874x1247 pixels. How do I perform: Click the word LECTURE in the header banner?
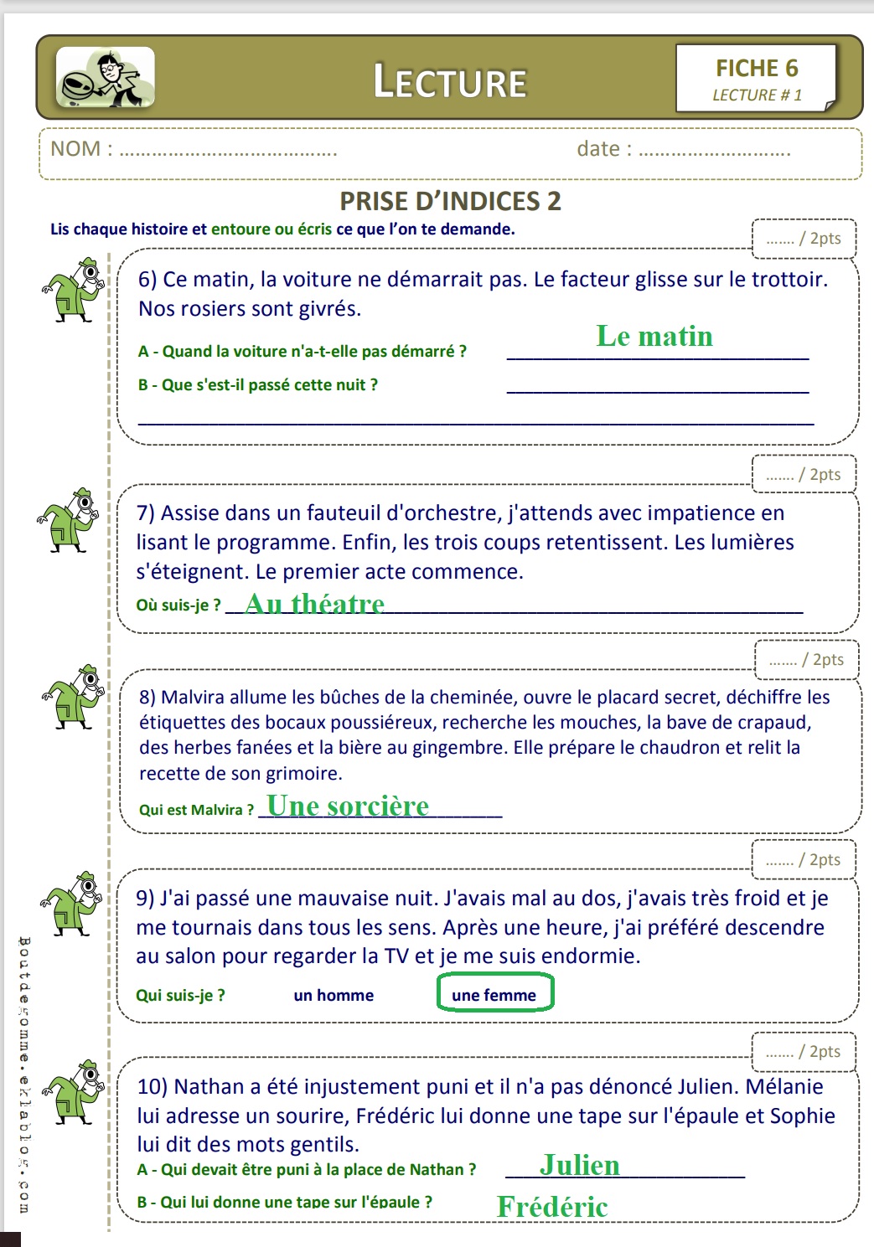pyautogui.click(x=450, y=82)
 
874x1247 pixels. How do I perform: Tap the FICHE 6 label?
pyautogui.click(x=757, y=68)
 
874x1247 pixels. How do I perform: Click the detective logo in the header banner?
pyautogui.click(x=106, y=77)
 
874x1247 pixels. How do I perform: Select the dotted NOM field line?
pyautogui.click(x=228, y=153)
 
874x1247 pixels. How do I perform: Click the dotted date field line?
pyautogui.click(x=715, y=153)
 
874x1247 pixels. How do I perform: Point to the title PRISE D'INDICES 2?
pyautogui.click(x=450, y=201)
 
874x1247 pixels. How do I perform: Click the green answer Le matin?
pyautogui.click(x=654, y=337)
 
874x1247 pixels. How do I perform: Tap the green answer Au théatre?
pyautogui.click(x=315, y=603)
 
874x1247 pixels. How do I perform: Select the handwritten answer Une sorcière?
pyautogui.click(x=348, y=806)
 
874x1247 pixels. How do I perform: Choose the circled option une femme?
pyautogui.click(x=494, y=994)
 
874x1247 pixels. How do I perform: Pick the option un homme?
pyautogui.click(x=334, y=995)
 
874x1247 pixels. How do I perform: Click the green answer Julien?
pyautogui.click(x=580, y=1165)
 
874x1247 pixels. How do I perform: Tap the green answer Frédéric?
pyautogui.click(x=552, y=1207)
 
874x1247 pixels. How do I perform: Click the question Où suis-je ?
pyautogui.click(x=178, y=605)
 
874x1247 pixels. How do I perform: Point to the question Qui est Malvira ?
pyautogui.click(x=196, y=810)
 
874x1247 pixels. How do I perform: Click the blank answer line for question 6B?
pyautogui.click(x=658, y=390)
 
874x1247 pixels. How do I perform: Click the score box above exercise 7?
pyautogui.click(x=804, y=474)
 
